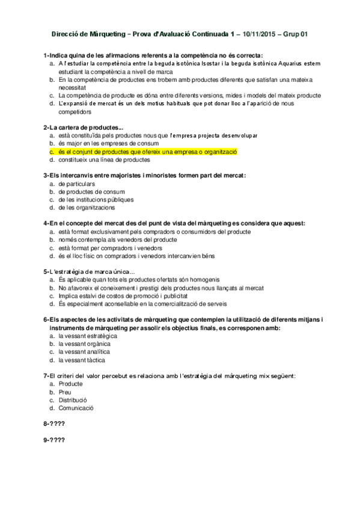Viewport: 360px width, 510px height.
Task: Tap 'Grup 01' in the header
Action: pyautogui.click(x=296, y=35)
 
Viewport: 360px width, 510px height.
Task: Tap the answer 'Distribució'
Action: pyautogui.click(x=73, y=399)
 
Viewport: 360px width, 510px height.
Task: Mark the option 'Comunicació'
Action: pyautogui.click(x=76, y=408)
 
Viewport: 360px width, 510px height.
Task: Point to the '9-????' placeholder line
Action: pyautogui.click(x=54, y=439)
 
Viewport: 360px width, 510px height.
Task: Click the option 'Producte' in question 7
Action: pyautogui.click(x=71, y=383)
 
